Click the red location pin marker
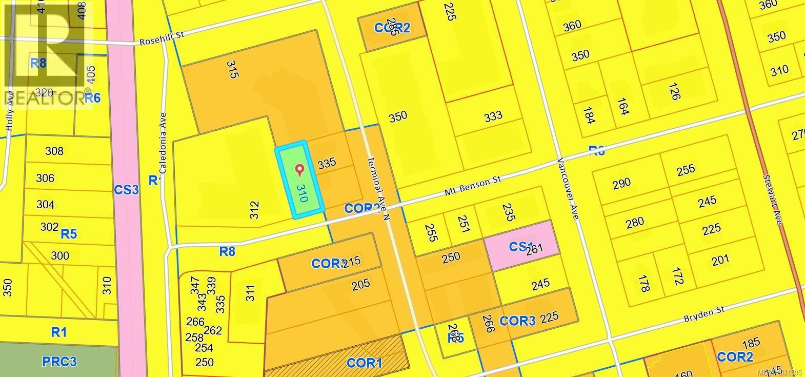click(299, 170)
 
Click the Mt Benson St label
click(472, 188)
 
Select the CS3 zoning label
click(126, 190)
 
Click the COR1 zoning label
click(364, 363)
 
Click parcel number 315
click(232, 69)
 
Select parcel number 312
click(255, 210)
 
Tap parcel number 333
click(493, 116)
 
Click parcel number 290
click(621, 183)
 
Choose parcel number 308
click(54, 151)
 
